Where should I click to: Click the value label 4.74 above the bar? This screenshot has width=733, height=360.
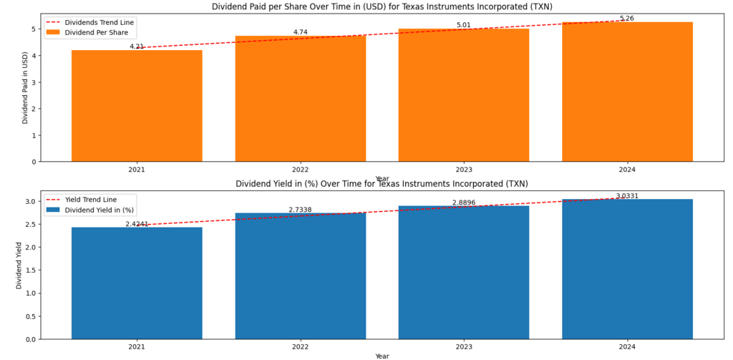pyautogui.click(x=300, y=32)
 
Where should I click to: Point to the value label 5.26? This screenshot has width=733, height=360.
pyautogui.click(x=627, y=19)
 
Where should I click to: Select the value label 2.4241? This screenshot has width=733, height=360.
pyautogui.click(x=137, y=224)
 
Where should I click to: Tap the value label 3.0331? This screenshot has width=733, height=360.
pyautogui.click(x=628, y=195)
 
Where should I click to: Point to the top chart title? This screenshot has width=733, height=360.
pyautogui.click(x=382, y=6)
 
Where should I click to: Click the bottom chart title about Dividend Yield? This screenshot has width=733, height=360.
pyautogui.click(x=382, y=184)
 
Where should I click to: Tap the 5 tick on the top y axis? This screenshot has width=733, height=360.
pyautogui.click(x=33, y=29)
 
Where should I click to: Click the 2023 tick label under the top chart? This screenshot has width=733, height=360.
pyautogui.click(x=464, y=170)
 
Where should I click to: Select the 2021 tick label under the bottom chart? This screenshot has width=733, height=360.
pyautogui.click(x=137, y=347)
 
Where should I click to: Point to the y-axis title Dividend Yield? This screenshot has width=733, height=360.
pyautogui.click(x=19, y=266)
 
